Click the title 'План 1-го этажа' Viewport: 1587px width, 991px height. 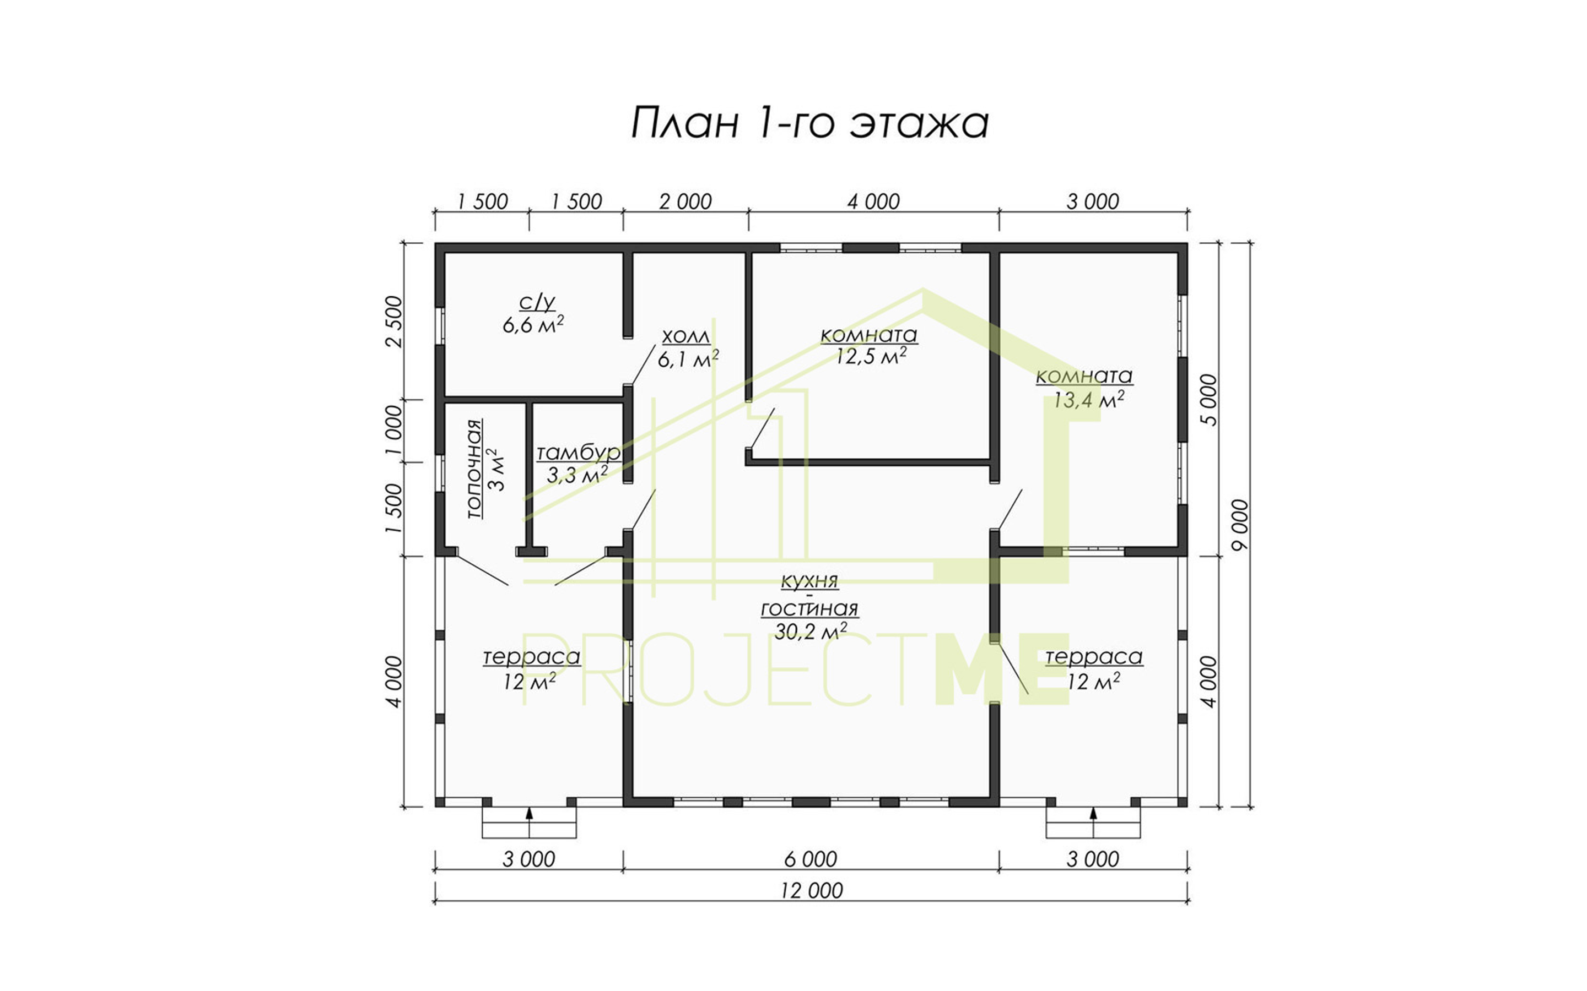(x=810, y=123)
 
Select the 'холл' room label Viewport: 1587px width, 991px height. (x=685, y=337)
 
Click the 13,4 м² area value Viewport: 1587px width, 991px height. (x=1089, y=399)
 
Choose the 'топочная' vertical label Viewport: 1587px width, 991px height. (x=474, y=469)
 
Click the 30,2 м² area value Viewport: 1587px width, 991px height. (x=811, y=630)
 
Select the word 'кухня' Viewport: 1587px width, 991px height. (x=809, y=581)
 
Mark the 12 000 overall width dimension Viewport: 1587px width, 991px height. (x=811, y=891)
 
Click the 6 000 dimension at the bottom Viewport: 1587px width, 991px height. (x=811, y=859)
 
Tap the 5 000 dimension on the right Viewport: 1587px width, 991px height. (x=1208, y=400)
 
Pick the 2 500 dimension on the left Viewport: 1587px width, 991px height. (x=393, y=321)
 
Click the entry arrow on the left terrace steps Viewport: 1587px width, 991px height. (x=529, y=815)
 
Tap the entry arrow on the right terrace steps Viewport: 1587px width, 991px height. (x=1093, y=815)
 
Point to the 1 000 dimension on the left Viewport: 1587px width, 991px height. (x=393, y=431)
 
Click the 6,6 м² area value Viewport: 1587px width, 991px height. (x=533, y=325)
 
